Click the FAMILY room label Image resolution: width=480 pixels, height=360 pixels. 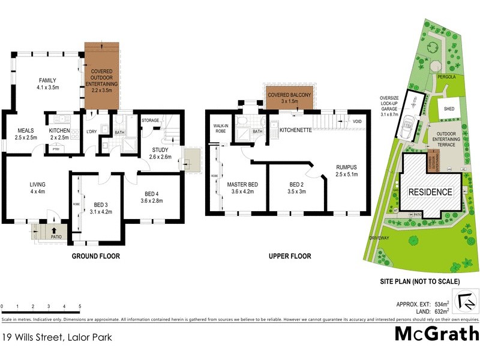pos(47,80)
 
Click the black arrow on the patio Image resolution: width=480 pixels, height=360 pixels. pos(55,229)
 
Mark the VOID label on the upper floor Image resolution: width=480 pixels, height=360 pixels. pos(358,121)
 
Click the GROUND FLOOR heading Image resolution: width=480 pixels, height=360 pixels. pos(95,256)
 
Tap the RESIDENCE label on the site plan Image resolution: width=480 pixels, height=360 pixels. pos(430,192)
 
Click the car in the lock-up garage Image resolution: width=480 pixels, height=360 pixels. pos(412,124)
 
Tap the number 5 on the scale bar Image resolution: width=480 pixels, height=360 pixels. pos(80,306)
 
